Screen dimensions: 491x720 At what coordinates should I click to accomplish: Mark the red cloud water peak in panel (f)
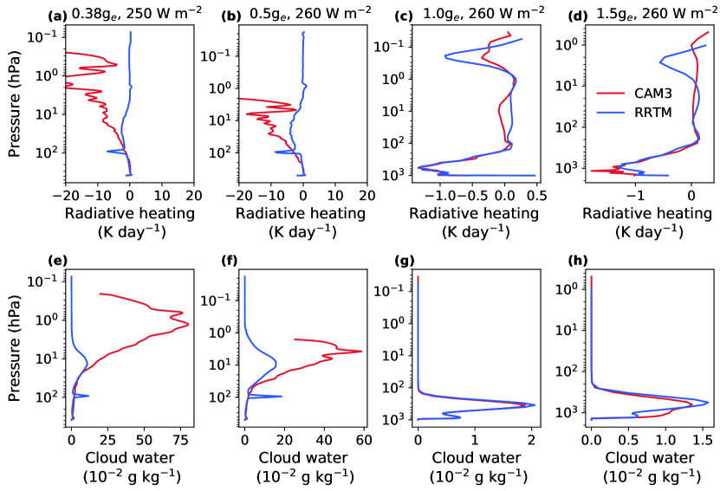(x=360, y=351)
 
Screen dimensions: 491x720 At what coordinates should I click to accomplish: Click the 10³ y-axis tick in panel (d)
(x=568, y=167)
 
